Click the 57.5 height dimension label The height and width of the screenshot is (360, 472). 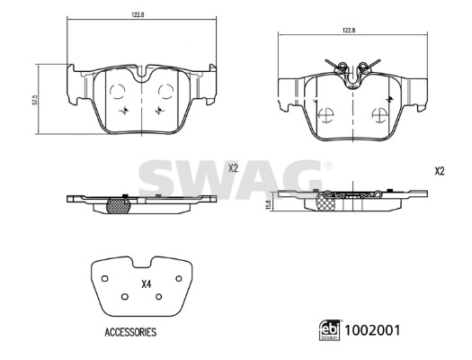[35, 100]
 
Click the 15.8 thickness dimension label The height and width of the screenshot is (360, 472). [269, 204]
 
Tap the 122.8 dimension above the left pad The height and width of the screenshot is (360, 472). [137, 14]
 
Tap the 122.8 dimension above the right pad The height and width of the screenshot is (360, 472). [347, 30]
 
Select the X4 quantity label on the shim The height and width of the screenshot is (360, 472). [147, 283]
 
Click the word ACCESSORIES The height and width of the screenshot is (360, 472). [130, 332]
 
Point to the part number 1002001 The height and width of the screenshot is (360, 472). [372, 330]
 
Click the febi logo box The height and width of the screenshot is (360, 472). [330, 330]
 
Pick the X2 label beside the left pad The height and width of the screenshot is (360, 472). [233, 168]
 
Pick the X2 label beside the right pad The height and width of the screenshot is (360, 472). [440, 171]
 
